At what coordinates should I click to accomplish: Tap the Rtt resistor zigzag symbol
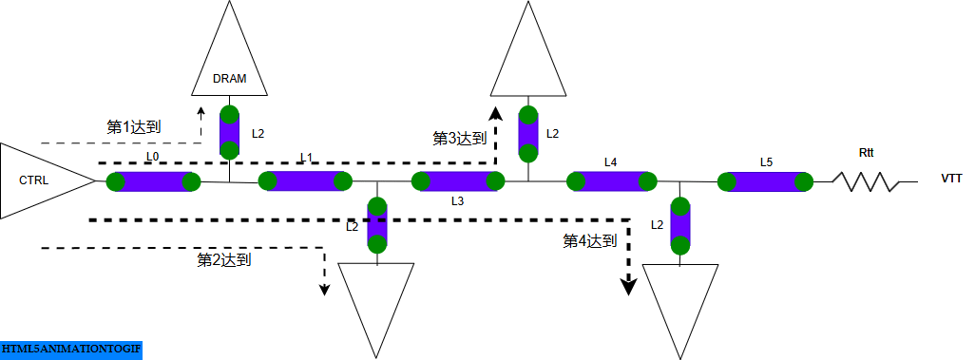[x=866, y=180]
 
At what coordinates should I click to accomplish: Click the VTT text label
[x=952, y=179]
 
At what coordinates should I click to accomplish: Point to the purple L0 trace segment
[x=152, y=181]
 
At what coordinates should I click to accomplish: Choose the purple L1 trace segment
[x=305, y=180]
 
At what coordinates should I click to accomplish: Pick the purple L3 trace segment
[x=457, y=180]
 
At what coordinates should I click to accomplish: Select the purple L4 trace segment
[x=611, y=180]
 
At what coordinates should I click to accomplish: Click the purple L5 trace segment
[x=765, y=180]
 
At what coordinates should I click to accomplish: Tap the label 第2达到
[x=223, y=258]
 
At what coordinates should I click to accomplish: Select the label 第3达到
[x=460, y=139]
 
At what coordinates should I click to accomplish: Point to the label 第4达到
[x=590, y=241]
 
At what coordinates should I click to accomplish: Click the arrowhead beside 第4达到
[x=627, y=287]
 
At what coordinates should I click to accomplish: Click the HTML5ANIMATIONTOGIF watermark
[x=71, y=350]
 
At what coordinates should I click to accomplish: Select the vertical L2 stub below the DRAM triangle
[x=230, y=133]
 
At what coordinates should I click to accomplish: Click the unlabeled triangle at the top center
[x=529, y=57]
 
